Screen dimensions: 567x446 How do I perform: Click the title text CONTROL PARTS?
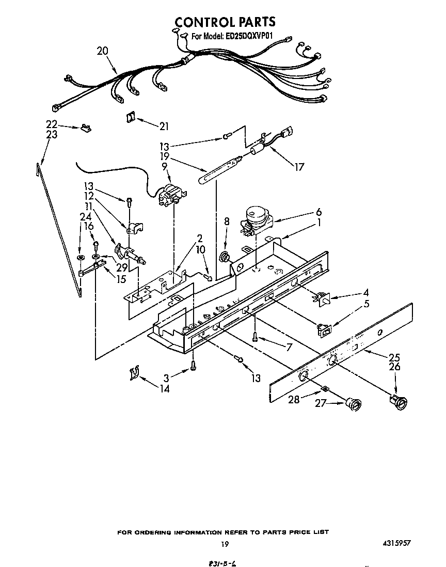point(225,22)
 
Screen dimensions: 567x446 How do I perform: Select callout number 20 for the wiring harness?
point(102,51)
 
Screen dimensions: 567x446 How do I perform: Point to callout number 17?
point(299,167)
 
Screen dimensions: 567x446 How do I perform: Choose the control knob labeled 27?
point(353,405)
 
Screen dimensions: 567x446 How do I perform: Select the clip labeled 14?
point(135,373)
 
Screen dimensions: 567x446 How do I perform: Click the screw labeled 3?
point(193,365)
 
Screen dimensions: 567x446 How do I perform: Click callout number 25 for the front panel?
point(394,357)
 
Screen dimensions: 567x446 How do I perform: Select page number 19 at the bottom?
point(224,544)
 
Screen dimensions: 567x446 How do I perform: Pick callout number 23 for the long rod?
point(51,135)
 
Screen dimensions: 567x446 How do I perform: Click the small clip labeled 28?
point(324,388)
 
